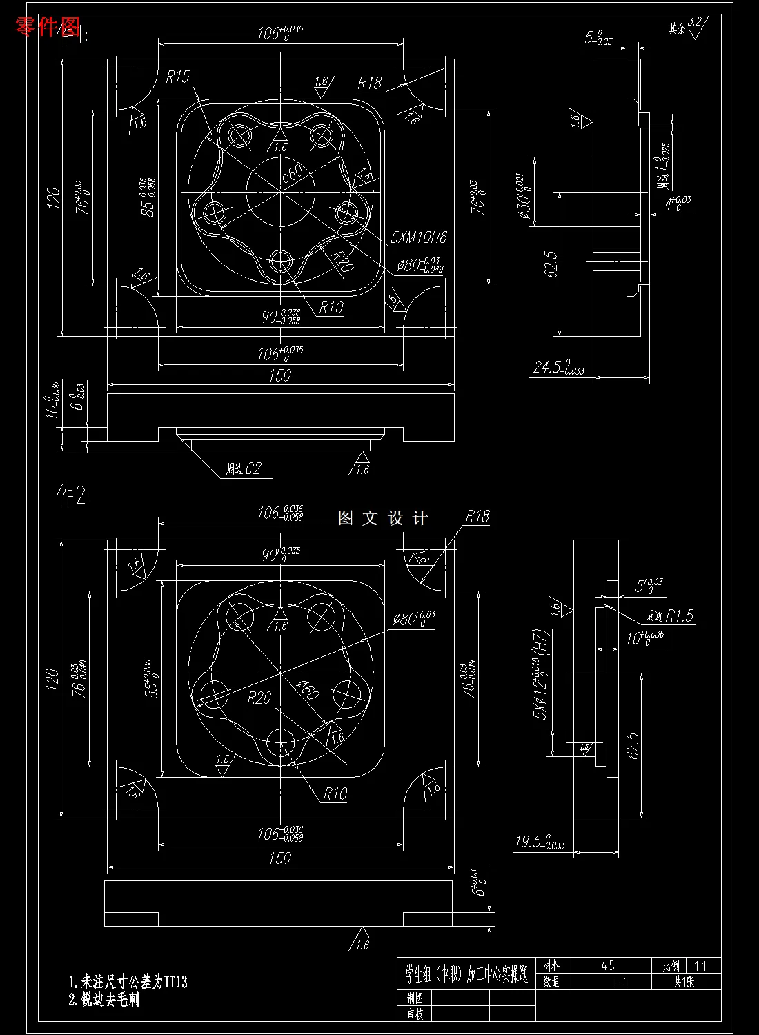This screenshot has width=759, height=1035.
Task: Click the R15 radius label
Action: tap(177, 77)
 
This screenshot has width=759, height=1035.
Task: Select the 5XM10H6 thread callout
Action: tap(418, 238)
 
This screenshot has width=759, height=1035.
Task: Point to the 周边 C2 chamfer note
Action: tap(244, 469)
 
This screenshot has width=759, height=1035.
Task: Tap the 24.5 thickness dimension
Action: tap(558, 366)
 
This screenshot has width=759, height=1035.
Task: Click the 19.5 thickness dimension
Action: tap(540, 842)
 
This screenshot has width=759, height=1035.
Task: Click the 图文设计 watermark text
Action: tap(383, 518)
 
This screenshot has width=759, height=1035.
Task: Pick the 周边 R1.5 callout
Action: tap(669, 615)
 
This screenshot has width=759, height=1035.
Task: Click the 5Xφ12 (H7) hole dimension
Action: tap(542, 674)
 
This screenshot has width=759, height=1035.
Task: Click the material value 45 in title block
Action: tap(607, 965)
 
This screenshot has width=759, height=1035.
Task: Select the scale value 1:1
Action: tap(700, 966)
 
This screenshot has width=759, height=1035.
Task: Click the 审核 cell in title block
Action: tap(415, 1013)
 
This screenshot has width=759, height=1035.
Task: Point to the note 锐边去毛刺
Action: tap(104, 1000)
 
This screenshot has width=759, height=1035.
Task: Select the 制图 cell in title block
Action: tap(415, 997)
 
